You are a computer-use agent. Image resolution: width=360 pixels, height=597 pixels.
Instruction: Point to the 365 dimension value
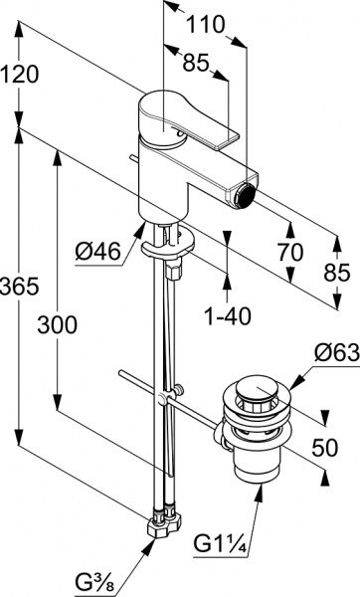click(20, 286)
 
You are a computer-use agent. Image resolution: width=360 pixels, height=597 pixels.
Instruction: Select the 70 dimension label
click(290, 253)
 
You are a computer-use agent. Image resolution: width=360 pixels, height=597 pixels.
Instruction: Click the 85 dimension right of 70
click(337, 271)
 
